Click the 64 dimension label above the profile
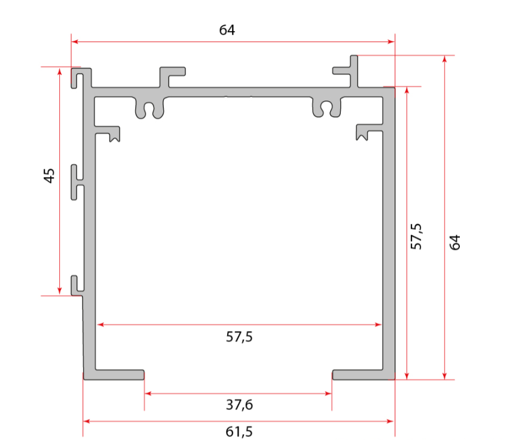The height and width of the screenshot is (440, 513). pyautogui.click(x=227, y=30)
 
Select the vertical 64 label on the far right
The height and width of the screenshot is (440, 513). pyautogui.click(x=455, y=242)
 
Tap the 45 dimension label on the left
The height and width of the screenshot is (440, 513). pyautogui.click(x=49, y=175)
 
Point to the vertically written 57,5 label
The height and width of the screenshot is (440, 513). pyautogui.click(x=417, y=236)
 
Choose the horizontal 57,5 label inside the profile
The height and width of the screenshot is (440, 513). pyautogui.click(x=239, y=337)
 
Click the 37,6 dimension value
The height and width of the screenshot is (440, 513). pyautogui.click(x=239, y=405)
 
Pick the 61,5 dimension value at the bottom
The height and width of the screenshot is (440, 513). pyautogui.click(x=239, y=432)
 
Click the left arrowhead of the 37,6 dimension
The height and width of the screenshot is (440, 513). pyautogui.click(x=148, y=393)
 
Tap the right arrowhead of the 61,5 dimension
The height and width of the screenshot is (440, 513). pyautogui.click(x=390, y=421)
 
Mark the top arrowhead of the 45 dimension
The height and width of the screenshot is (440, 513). pyautogui.click(x=59, y=71)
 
